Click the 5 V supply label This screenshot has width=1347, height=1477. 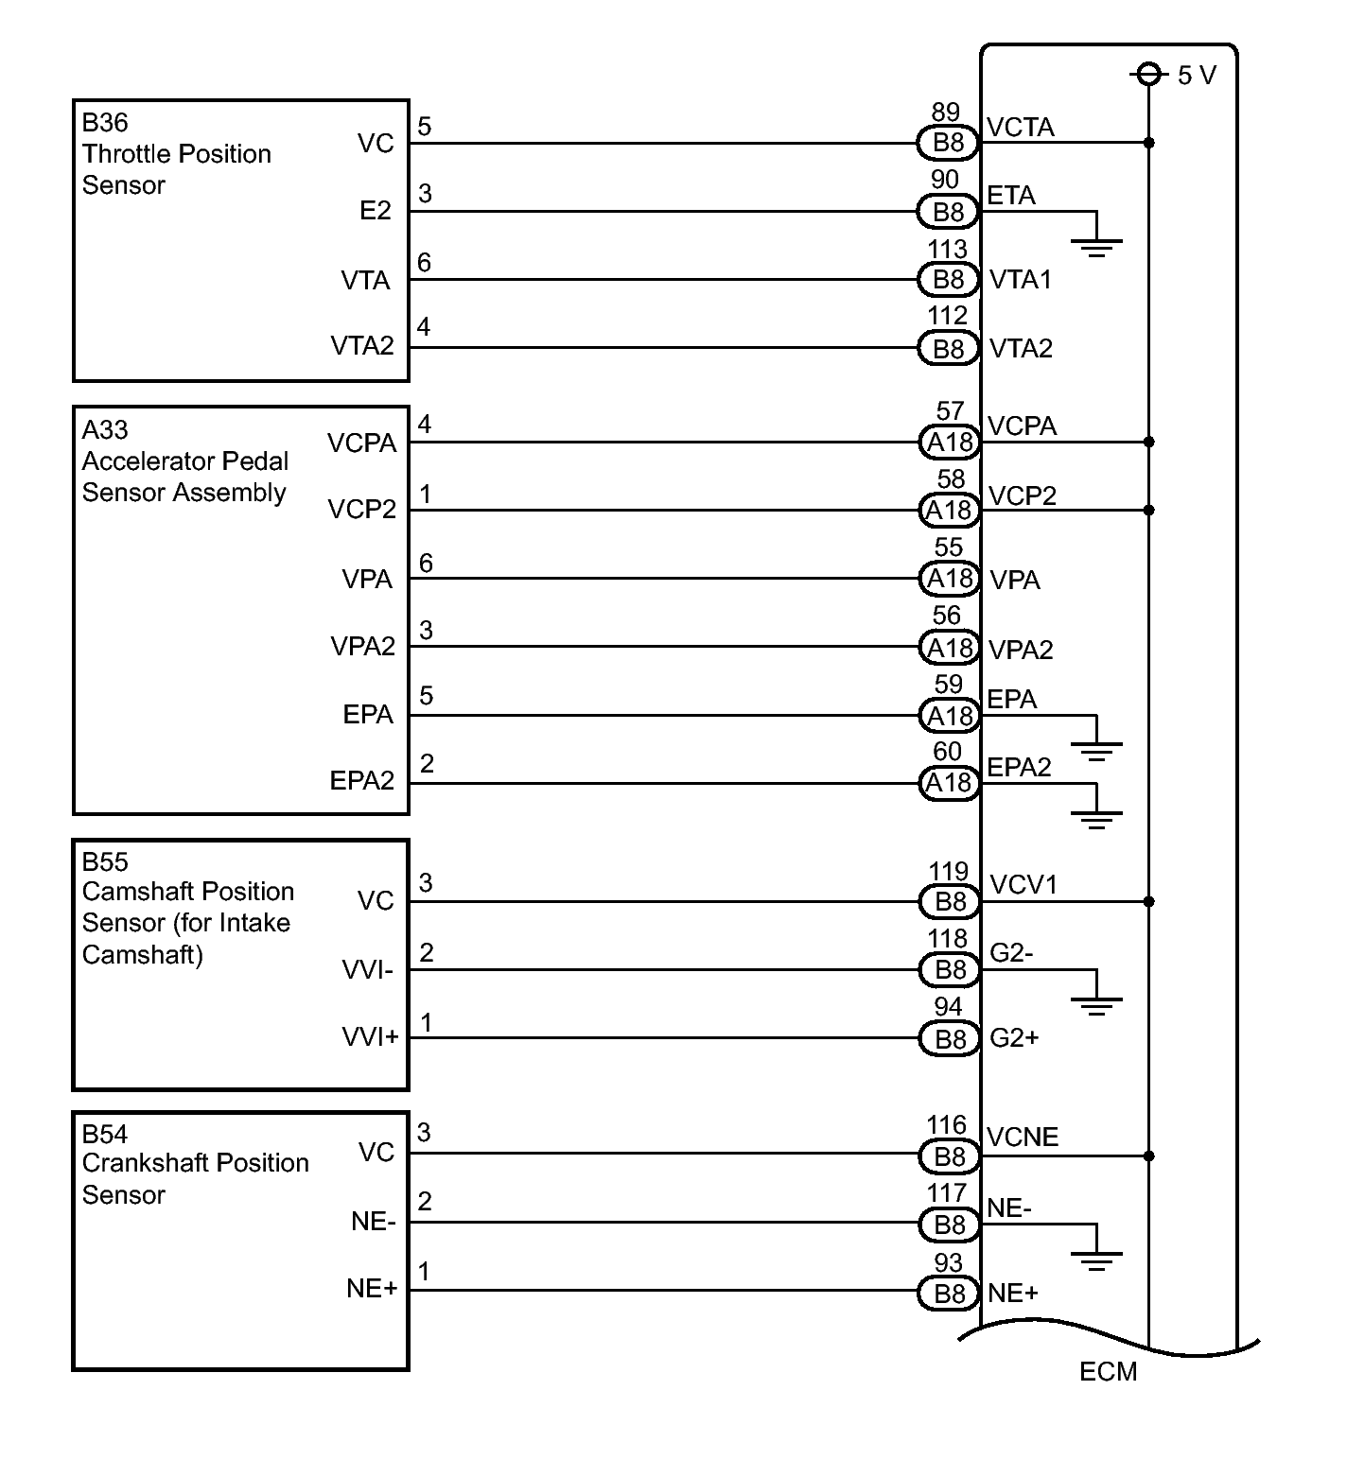(x=1197, y=75)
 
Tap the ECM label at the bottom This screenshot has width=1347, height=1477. (x=1108, y=1371)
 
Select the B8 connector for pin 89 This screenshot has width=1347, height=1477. (x=949, y=143)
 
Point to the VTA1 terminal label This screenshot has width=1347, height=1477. (x=1020, y=280)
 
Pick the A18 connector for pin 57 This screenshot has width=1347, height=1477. (x=950, y=442)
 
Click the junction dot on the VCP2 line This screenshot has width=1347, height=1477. (x=1149, y=510)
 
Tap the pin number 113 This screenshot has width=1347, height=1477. (x=948, y=249)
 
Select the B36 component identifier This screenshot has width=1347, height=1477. (x=105, y=123)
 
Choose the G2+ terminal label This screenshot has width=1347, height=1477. (x=1014, y=1038)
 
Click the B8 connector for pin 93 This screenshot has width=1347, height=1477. (x=949, y=1293)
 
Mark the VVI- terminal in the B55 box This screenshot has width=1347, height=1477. (x=367, y=970)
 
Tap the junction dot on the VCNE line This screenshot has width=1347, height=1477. (x=1149, y=1156)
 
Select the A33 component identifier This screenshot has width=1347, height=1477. (x=105, y=430)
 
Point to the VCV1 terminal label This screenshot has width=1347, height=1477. (x=1023, y=885)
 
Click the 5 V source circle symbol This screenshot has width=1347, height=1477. (x=1148, y=74)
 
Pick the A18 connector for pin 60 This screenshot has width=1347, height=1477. (x=950, y=783)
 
